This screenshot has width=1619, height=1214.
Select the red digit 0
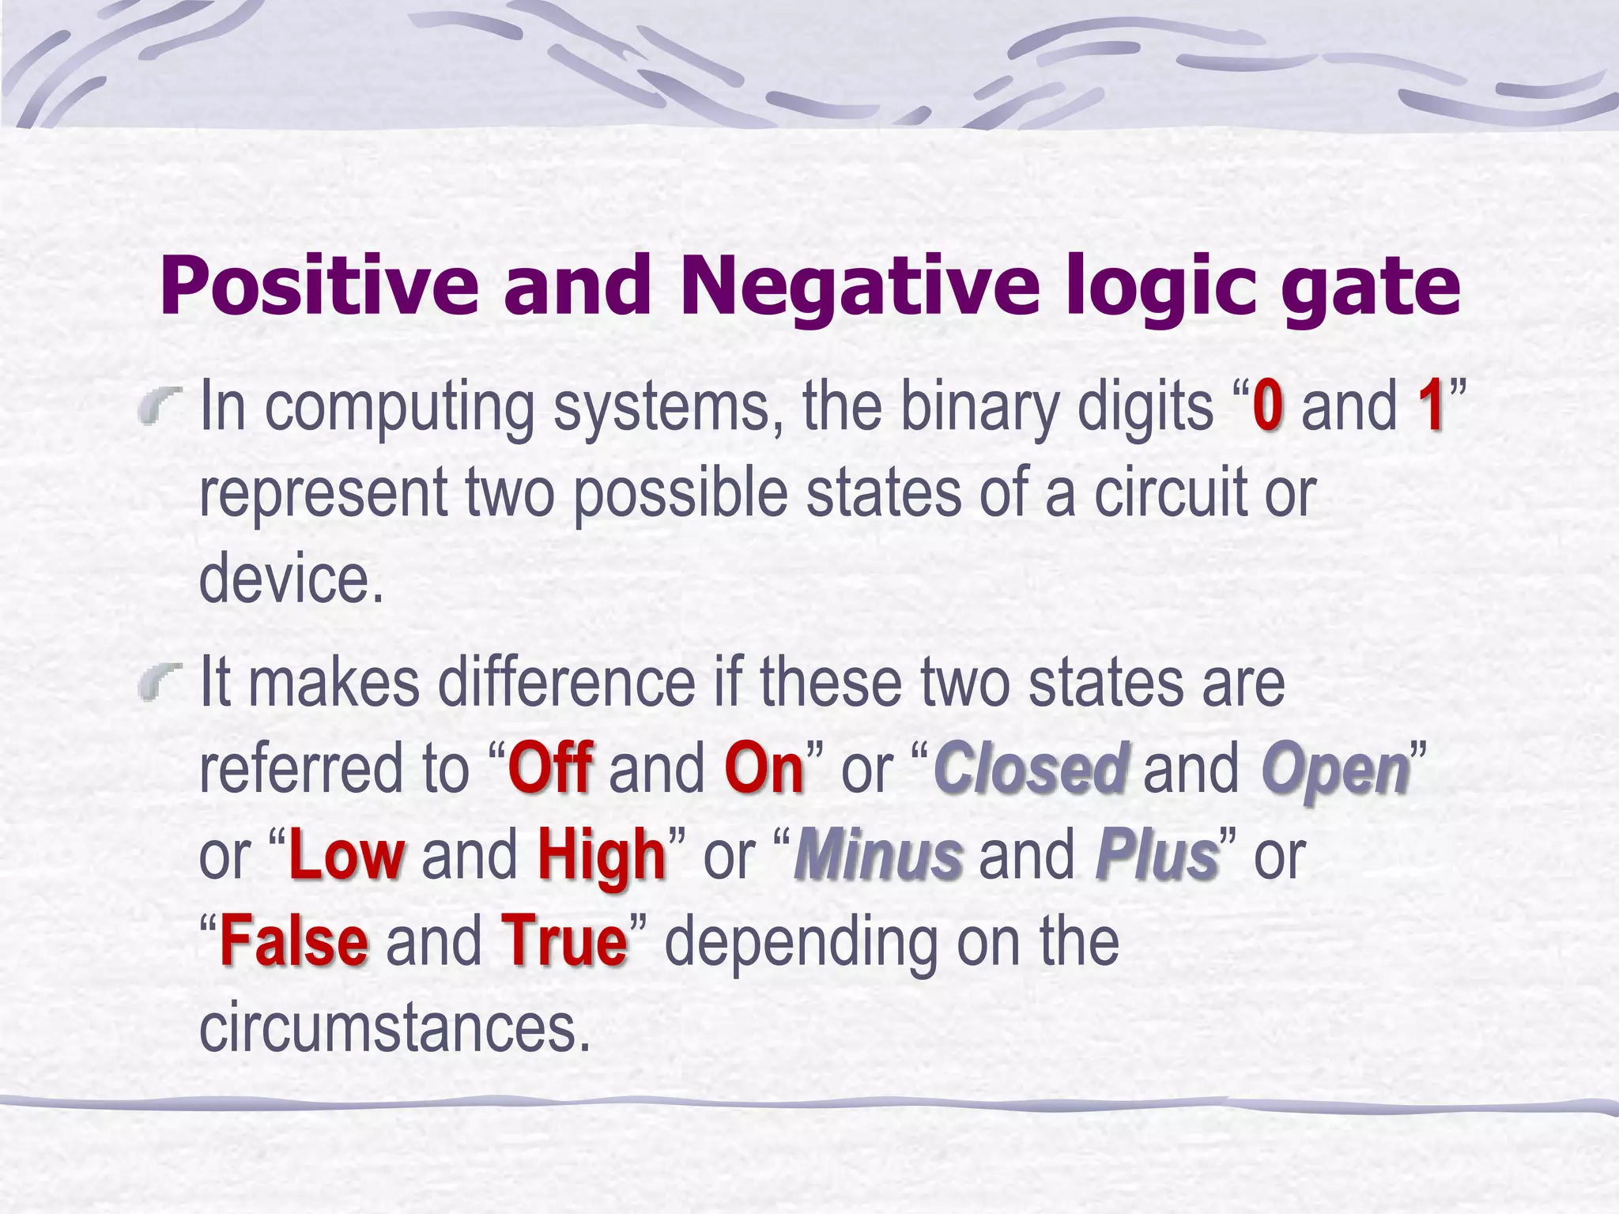click(1267, 406)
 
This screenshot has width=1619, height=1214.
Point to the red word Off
click(550, 768)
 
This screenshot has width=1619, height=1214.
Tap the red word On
click(764, 768)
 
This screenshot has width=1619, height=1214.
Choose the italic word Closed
click(1030, 768)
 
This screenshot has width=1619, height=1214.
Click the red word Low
click(347, 855)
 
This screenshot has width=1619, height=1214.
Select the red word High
click(602, 857)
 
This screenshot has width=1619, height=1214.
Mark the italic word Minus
click(878, 855)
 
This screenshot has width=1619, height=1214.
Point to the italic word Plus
click(1157, 855)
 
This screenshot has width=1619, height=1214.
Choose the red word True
click(564, 942)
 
